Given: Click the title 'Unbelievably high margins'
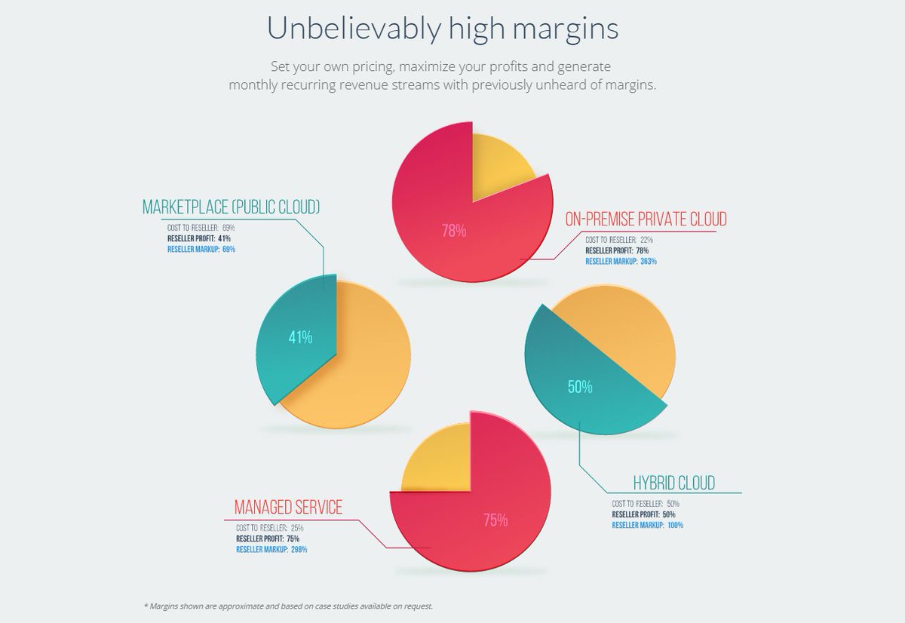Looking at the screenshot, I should (443, 29).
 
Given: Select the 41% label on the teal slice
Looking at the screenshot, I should (300, 338).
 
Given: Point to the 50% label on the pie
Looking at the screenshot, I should (580, 388).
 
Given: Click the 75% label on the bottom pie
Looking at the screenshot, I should (495, 520).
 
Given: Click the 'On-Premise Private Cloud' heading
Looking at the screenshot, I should (646, 219).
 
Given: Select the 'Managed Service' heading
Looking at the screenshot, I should (288, 507).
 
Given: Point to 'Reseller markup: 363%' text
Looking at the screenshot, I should (621, 262).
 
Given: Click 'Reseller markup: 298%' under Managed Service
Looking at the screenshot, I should (271, 550).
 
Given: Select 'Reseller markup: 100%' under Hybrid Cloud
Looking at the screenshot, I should (648, 525).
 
